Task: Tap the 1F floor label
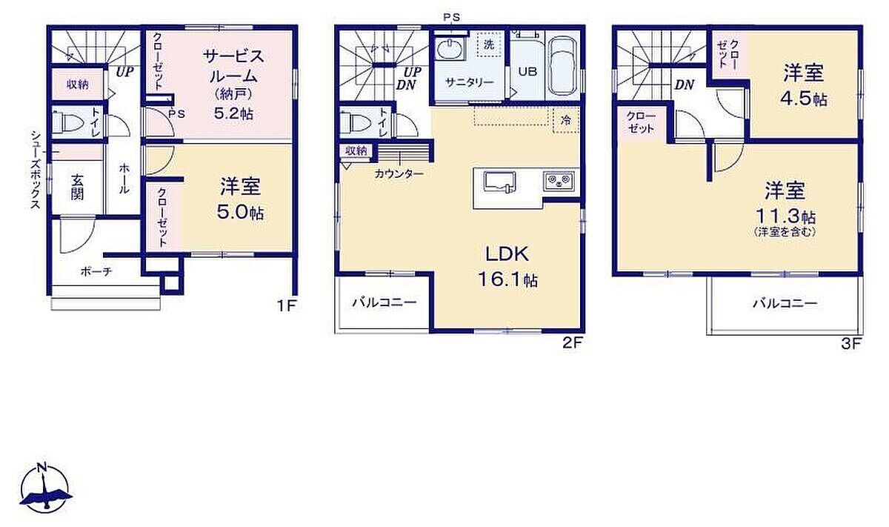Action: tap(287, 306)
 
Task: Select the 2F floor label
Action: tap(572, 342)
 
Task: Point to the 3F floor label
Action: tap(851, 344)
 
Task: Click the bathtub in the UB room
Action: tap(563, 65)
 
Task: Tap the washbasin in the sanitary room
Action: tap(449, 50)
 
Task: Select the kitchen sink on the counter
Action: tap(499, 182)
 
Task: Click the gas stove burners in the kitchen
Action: tap(559, 181)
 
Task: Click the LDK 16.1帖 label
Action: tap(507, 267)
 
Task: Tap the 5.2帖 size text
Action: tap(233, 113)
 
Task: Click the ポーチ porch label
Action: tap(96, 271)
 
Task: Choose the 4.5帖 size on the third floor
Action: tap(804, 99)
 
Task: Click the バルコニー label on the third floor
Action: tap(785, 304)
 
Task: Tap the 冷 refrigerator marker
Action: tap(566, 120)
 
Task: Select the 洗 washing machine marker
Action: tap(489, 44)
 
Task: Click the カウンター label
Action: tap(399, 173)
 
